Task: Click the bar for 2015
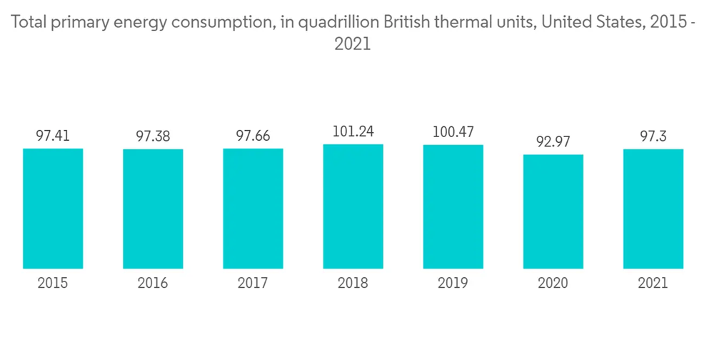53,209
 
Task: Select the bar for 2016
153,209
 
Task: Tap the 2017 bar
253,209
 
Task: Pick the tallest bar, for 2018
353,206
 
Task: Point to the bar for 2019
453,207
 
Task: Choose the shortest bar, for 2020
553,211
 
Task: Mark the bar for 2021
653,209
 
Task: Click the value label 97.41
53,135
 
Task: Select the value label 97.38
153,136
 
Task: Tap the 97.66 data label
253,136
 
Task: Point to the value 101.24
353,131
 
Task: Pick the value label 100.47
453,132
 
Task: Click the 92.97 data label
553,141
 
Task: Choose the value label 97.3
653,136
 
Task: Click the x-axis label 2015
53,284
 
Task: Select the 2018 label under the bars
353,284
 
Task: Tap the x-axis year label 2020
553,284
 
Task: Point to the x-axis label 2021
653,284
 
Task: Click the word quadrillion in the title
340,22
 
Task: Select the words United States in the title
589,22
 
